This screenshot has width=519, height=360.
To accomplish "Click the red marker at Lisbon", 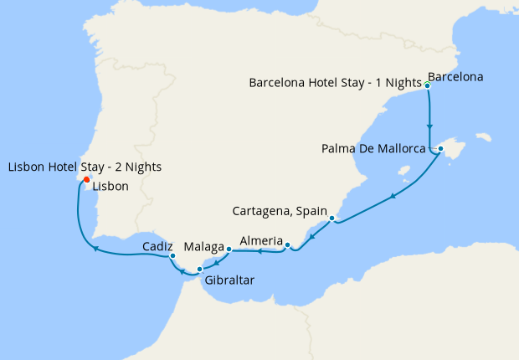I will (87, 179).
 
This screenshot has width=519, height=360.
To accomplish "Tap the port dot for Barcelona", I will (428, 85).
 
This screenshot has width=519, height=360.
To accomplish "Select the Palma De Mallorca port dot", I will (440, 150).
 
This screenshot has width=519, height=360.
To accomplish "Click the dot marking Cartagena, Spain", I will (332, 219).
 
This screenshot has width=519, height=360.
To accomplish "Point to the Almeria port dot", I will (287, 245).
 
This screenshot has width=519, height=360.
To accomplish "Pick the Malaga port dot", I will (229, 249).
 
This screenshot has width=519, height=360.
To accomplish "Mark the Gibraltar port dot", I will (199, 269).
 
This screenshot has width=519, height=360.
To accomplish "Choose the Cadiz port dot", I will (172, 255).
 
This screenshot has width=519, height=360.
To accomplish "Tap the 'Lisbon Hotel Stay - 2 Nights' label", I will (85, 167).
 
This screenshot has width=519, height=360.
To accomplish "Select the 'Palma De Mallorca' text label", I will (376, 150).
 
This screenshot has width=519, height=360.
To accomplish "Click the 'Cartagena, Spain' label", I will (280, 208).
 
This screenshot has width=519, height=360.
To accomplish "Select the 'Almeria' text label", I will (260, 241).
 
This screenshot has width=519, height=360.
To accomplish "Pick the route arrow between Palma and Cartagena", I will (392, 197).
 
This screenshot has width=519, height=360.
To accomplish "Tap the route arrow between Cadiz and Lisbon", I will (95, 248).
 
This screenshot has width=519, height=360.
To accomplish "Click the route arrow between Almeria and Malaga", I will (259, 250).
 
